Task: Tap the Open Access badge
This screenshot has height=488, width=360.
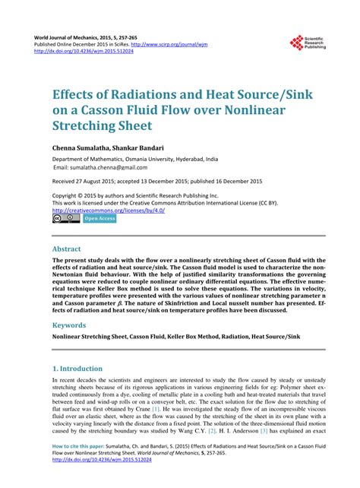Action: point(99,219)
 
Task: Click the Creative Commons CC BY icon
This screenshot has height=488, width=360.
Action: point(65,219)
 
